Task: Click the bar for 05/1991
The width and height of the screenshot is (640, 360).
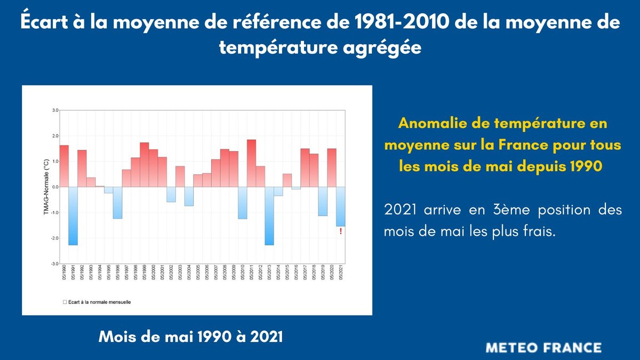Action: pos(73,215)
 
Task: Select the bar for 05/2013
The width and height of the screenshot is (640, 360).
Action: pos(269,215)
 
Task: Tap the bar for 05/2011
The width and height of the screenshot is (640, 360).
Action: pos(251,163)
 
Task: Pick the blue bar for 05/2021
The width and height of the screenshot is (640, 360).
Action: pos(341,206)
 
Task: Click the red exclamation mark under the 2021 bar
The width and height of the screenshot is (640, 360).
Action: pos(341,231)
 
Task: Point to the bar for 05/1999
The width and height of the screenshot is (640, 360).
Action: pos(144,165)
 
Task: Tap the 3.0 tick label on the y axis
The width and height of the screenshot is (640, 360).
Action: pos(54,110)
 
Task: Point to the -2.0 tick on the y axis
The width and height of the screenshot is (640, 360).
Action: pos(54,238)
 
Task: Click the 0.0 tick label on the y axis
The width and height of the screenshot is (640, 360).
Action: pos(54,187)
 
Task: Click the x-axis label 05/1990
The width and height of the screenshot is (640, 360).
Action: pos(65,274)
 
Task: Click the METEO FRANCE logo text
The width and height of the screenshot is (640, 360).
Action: pos(543,348)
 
